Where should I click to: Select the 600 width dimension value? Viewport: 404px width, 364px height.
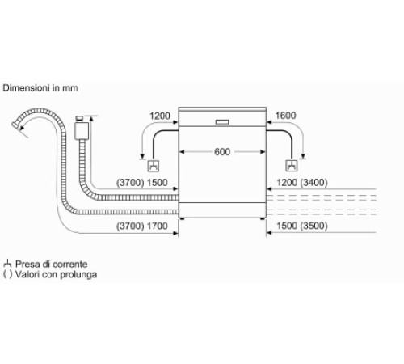[x=222, y=151]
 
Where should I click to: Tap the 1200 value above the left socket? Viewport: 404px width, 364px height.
[x=160, y=116]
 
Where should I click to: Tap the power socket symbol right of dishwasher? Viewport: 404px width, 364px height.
[x=291, y=166]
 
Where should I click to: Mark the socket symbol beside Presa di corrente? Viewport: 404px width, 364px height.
[x=7, y=264]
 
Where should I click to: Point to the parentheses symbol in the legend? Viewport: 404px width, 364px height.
[x=7, y=275]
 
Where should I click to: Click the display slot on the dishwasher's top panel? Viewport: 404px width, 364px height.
[x=222, y=123]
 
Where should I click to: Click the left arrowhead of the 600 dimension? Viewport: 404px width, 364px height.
[x=182, y=151]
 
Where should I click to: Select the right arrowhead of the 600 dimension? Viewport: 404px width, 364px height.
[x=263, y=151]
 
